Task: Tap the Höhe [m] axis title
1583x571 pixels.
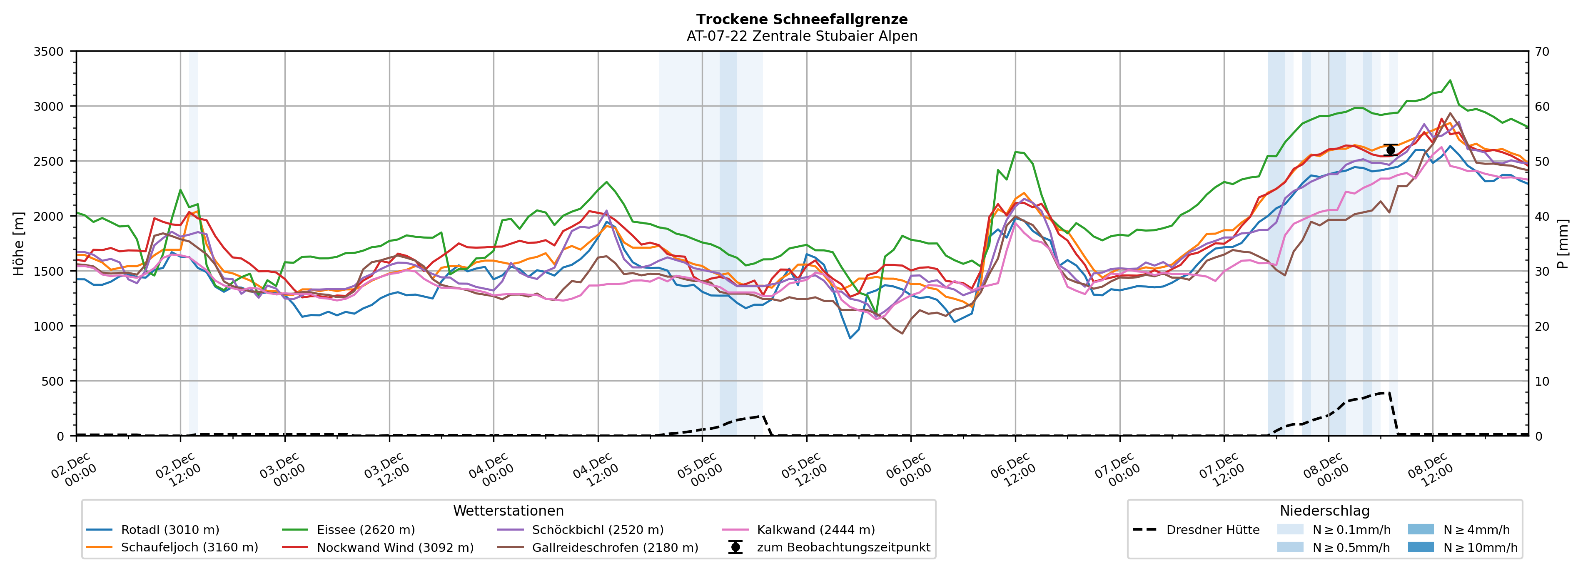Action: pyautogui.click(x=18, y=243)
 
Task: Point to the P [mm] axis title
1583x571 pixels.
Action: pyautogui.click(x=1563, y=243)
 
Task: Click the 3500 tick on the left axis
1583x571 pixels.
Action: pyautogui.click(x=49, y=52)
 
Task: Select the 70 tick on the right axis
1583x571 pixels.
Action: pyautogui.click(x=1542, y=52)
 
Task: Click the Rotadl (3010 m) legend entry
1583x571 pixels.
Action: pyautogui.click(x=170, y=530)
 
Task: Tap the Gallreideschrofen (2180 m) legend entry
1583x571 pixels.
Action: pyautogui.click(x=615, y=548)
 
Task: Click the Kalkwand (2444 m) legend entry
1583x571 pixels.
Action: pyautogui.click(x=815, y=530)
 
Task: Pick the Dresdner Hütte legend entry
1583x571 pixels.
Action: pyautogui.click(x=1212, y=530)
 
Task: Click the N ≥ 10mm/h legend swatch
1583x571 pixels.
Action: pyautogui.click(x=1420, y=547)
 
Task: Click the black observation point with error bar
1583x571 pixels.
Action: pyautogui.click(x=1391, y=150)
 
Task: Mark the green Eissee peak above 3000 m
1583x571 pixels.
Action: pyautogui.click(x=1450, y=80)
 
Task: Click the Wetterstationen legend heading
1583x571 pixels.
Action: pyautogui.click(x=508, y=511)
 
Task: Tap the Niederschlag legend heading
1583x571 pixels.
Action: pyautogui.click(x=1324, y=511)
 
